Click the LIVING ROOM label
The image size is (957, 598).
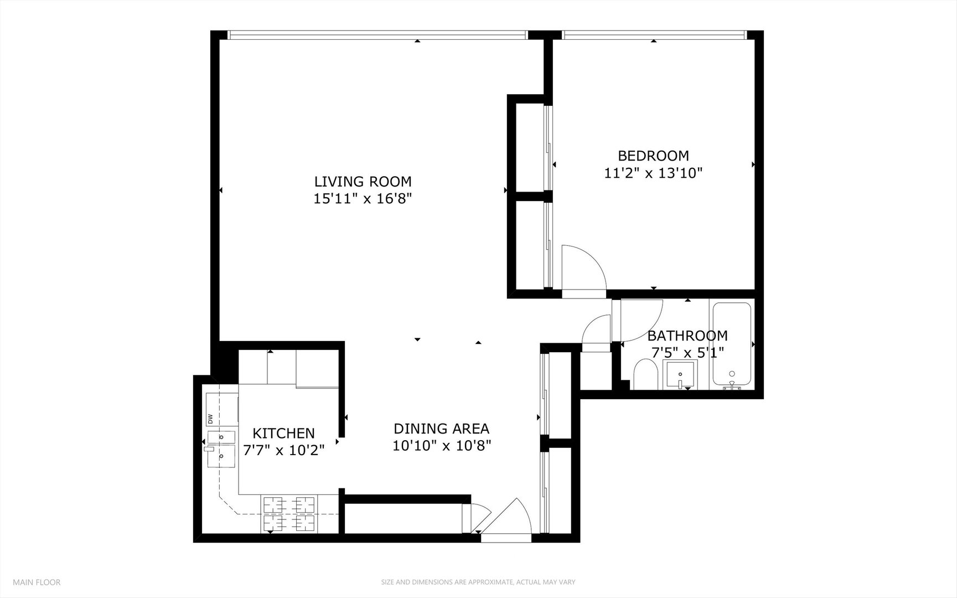[x=363, y=182]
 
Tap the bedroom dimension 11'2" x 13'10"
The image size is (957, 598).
[x=653, y=173]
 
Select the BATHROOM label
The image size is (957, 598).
[x=687, y=336]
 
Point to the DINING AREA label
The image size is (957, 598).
[x=441, y=429]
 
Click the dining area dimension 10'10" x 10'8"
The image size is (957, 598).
[x=442, y=446]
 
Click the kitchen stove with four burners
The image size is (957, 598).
[x=289, y=513]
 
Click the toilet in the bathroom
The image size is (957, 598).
[x=645, y=374]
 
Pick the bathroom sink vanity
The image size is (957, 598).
[x=680, y=374]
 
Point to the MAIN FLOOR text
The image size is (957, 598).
[x=37, y=582]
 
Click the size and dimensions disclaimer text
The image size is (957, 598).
[x=478, y=582]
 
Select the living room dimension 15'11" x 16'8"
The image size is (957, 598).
[x=363, y=199]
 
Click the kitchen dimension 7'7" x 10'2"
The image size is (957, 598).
[x=283, y=450]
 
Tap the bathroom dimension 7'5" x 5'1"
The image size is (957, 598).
[x=687, y=352]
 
